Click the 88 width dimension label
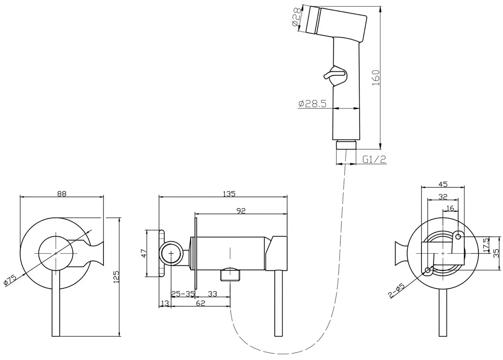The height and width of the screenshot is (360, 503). (x=62, y=194)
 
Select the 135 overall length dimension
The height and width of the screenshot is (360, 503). (x=229, y=194)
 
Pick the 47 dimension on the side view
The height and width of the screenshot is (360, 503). (x=144, y=253)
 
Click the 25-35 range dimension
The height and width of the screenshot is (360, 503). (x=183, y=294)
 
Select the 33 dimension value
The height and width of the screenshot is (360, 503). (x=213, y=294)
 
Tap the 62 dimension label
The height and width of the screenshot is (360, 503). (x=200, y=304)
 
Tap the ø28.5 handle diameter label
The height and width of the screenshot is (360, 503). (x=312, y=104)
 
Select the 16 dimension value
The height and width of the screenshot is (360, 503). (x=450, y=208)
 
